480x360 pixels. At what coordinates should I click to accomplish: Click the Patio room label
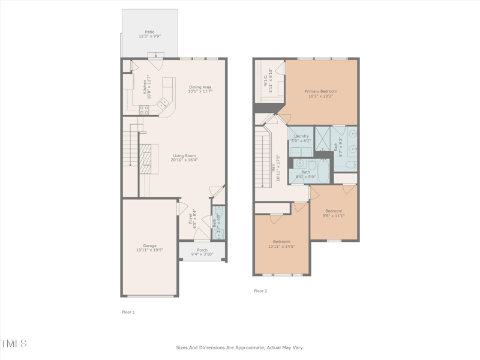149,34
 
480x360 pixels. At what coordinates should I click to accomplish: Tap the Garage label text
149,248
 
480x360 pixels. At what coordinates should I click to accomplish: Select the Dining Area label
200,89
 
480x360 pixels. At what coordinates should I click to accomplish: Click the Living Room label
184,158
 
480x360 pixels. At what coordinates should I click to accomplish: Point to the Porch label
202,252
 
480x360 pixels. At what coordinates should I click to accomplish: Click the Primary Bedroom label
320,94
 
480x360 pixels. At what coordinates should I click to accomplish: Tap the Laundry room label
301,138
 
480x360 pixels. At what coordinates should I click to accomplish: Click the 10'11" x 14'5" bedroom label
281,244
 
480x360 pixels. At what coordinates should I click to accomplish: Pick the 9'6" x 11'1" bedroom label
334,213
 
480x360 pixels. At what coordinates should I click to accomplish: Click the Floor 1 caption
128,312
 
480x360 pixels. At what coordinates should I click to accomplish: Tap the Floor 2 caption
260,291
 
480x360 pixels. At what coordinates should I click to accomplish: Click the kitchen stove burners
144,110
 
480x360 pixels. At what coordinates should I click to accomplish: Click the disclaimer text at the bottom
239,347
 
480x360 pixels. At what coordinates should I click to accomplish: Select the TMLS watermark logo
13,344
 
